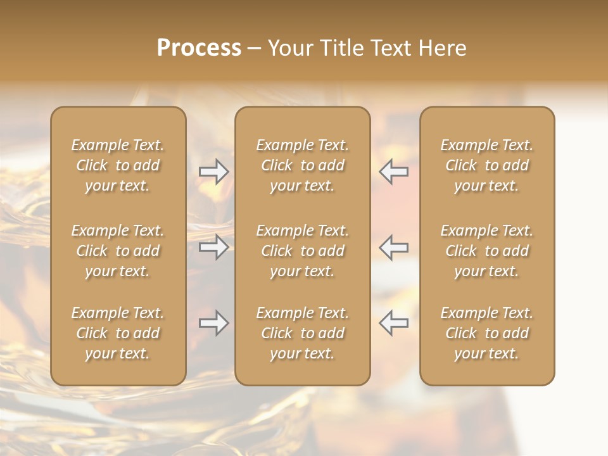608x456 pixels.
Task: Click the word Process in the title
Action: [x=199, y=48]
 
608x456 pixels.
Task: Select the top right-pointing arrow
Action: [x=214, y=172]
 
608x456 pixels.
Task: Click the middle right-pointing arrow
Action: [x=214, y=247]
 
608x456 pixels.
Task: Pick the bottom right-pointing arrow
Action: [x=214, y=323]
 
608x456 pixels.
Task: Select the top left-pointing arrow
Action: [x=393, y=172]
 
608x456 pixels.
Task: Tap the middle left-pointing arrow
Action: [x=393, y=247]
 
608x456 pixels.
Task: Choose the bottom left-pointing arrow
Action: [x=393, y=323]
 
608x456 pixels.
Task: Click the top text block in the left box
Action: [x=118, y=165]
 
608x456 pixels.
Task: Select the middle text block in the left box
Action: [x=118, y=251]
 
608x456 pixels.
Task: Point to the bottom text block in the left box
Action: [x=118, y=333]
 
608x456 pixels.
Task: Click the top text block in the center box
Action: [x=302, y=165]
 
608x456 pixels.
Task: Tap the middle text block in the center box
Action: [x=302, y=251]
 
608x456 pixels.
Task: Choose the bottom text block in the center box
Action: [x=302, y=333]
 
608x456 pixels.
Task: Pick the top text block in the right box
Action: [x=486, y=165]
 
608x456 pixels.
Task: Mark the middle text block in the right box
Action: [x=486, y=251]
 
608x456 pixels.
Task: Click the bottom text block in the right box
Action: [x=486, y=333]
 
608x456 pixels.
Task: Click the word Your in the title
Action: [x=289, y=48]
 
